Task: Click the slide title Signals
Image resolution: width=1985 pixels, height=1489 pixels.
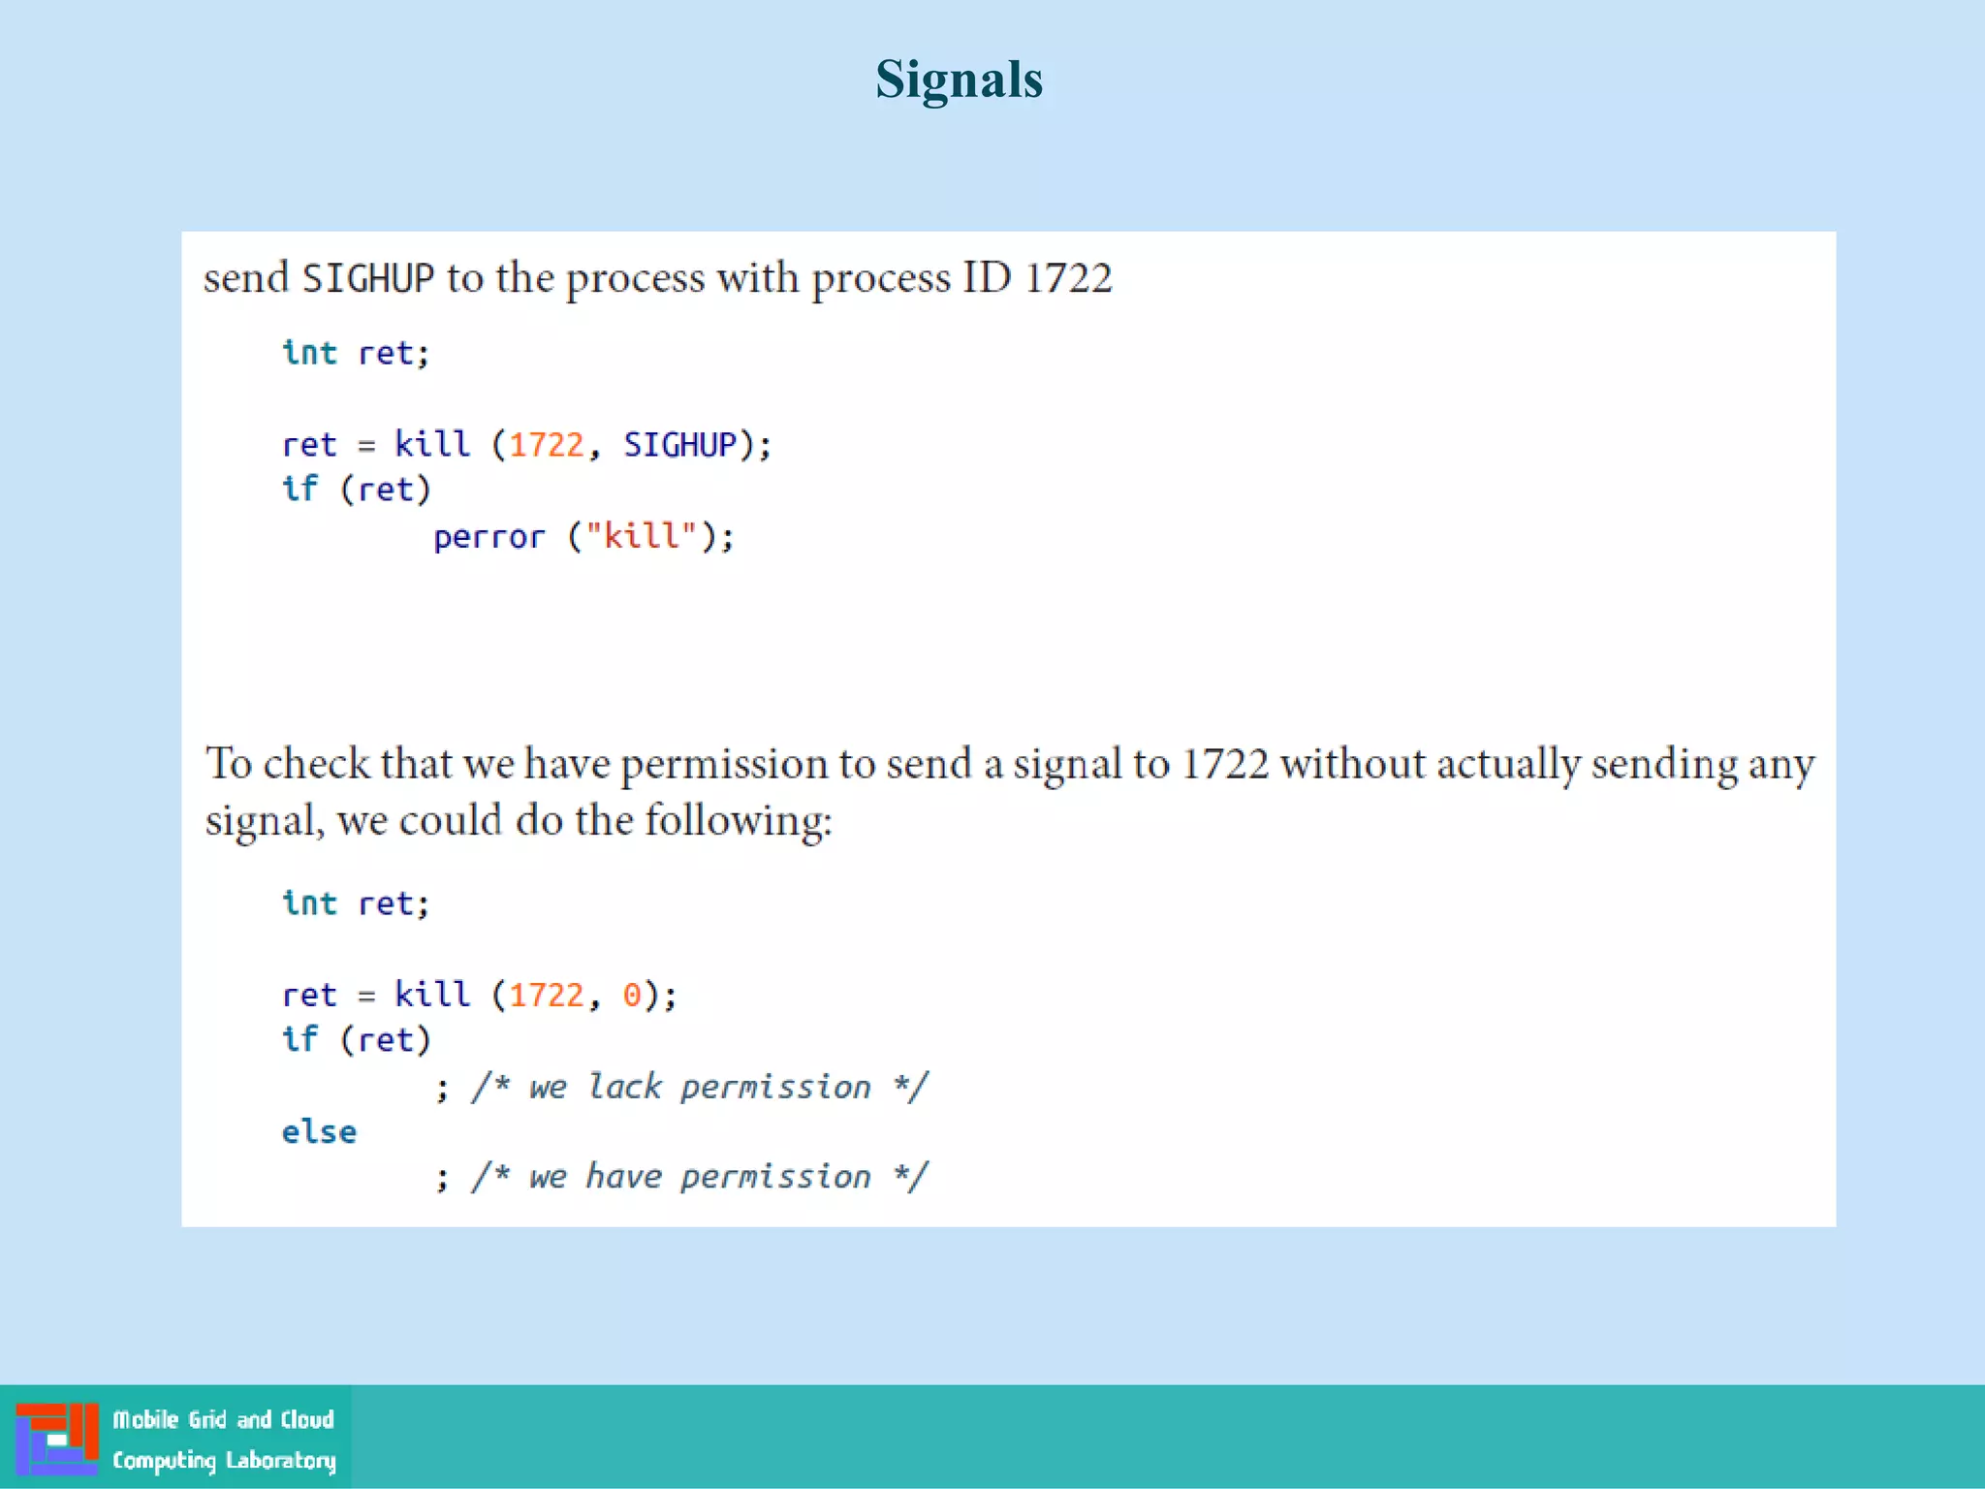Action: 959,79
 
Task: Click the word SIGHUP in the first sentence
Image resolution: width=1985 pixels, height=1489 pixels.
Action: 367,279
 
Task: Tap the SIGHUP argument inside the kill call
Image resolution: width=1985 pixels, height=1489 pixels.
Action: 679,445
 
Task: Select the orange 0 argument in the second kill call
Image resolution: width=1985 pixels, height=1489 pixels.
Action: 632,996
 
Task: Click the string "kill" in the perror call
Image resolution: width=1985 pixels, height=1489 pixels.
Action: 642,536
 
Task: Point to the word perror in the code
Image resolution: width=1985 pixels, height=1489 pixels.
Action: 488,537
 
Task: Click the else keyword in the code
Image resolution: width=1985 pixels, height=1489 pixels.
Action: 319,1132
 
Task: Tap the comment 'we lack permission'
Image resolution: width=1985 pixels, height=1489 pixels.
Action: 700,1087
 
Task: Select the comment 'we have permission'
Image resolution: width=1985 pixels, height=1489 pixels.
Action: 700,1177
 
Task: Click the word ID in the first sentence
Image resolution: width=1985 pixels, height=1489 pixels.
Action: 987,279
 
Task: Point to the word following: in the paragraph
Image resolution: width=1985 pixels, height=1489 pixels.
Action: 739,821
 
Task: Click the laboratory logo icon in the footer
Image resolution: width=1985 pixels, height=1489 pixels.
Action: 56,1439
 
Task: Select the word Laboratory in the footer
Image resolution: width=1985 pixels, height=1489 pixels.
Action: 280,1461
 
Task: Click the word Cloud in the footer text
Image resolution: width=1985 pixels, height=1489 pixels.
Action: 307,1420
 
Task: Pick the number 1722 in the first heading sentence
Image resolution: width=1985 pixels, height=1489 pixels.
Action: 1068,279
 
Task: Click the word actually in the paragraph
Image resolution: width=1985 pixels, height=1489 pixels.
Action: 1508,766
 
